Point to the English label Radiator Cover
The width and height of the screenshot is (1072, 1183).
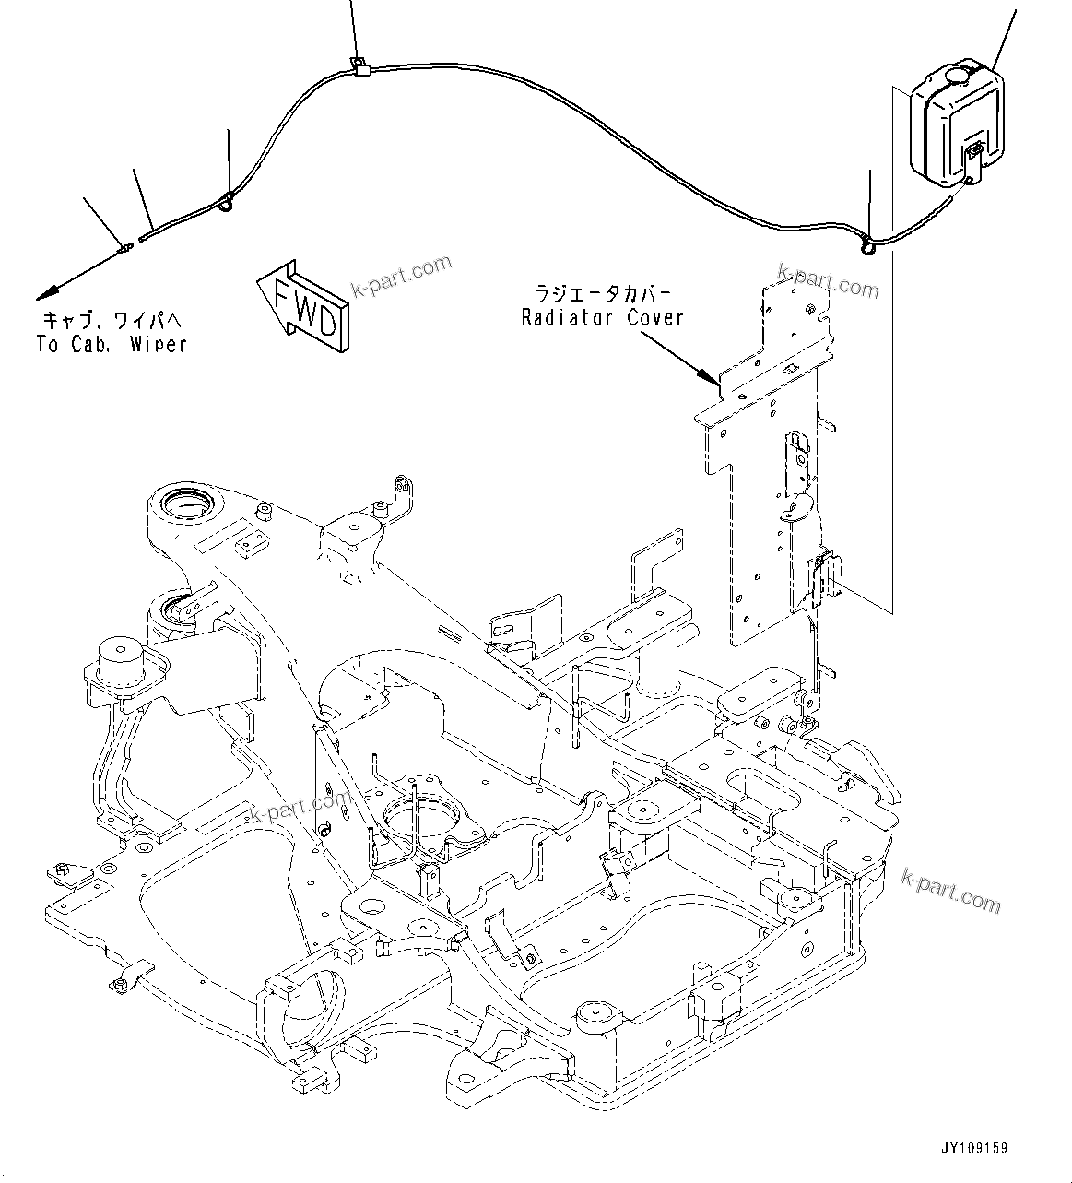(603, 318)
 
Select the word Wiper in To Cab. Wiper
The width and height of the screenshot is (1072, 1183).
(158, 345)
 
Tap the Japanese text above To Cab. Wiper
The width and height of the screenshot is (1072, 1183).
(112, 321)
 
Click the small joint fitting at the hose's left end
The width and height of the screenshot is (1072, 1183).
(124, 247)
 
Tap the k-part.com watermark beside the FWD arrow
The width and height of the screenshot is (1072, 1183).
(401, 275)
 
